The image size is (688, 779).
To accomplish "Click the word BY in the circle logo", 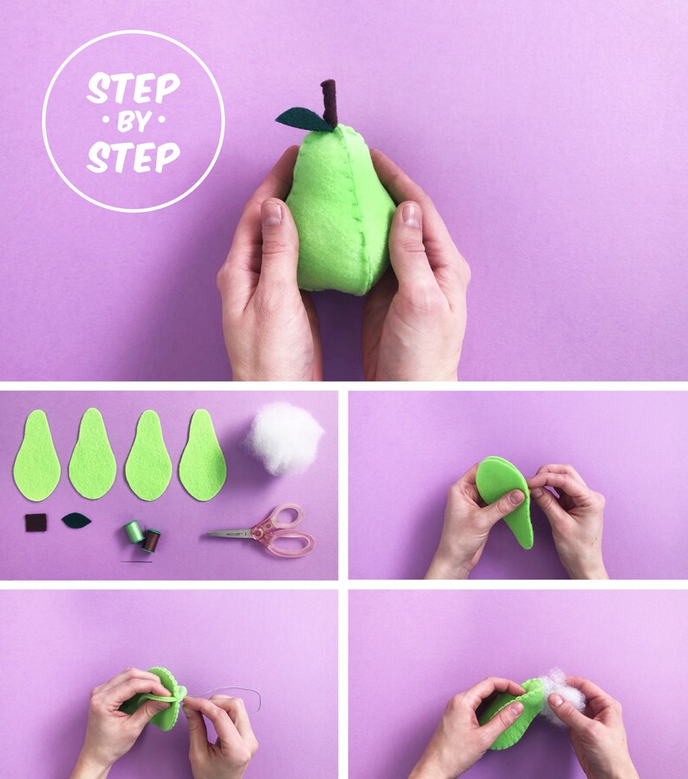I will click(x=133, y=123).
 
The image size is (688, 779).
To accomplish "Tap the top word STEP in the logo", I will click(x=133, y=88).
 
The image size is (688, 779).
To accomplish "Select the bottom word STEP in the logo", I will click(x=133, y=157).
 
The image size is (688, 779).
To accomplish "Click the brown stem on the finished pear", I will click(x=329, y=101).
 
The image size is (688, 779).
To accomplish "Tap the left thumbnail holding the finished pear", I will click(x=271, y=213).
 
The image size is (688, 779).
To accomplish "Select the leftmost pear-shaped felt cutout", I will click(x=36, y=456).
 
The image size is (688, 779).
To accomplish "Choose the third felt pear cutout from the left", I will click(x=148, y=456).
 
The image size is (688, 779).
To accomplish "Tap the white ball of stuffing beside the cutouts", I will click(x=286, y=440).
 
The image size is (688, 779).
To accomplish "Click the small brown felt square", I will click(x=36, y=522).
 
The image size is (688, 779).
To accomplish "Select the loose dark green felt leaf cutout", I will click(x=76, y=520).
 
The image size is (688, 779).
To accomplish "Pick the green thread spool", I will click(x=134, y=531).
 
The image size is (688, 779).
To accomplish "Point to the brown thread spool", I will click(x=152, y=541).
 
